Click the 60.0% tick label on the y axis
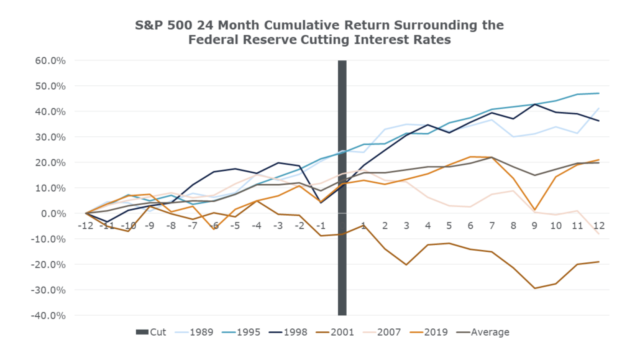[x=51, y=61]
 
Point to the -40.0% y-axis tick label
[x=50, y=315]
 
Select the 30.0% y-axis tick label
[x=51, y=137]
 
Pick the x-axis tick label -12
[x=86, y=225]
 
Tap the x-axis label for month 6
[x=470, y=225]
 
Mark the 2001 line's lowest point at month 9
[x=534, y=288]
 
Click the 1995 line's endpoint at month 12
[x=598, y=93]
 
